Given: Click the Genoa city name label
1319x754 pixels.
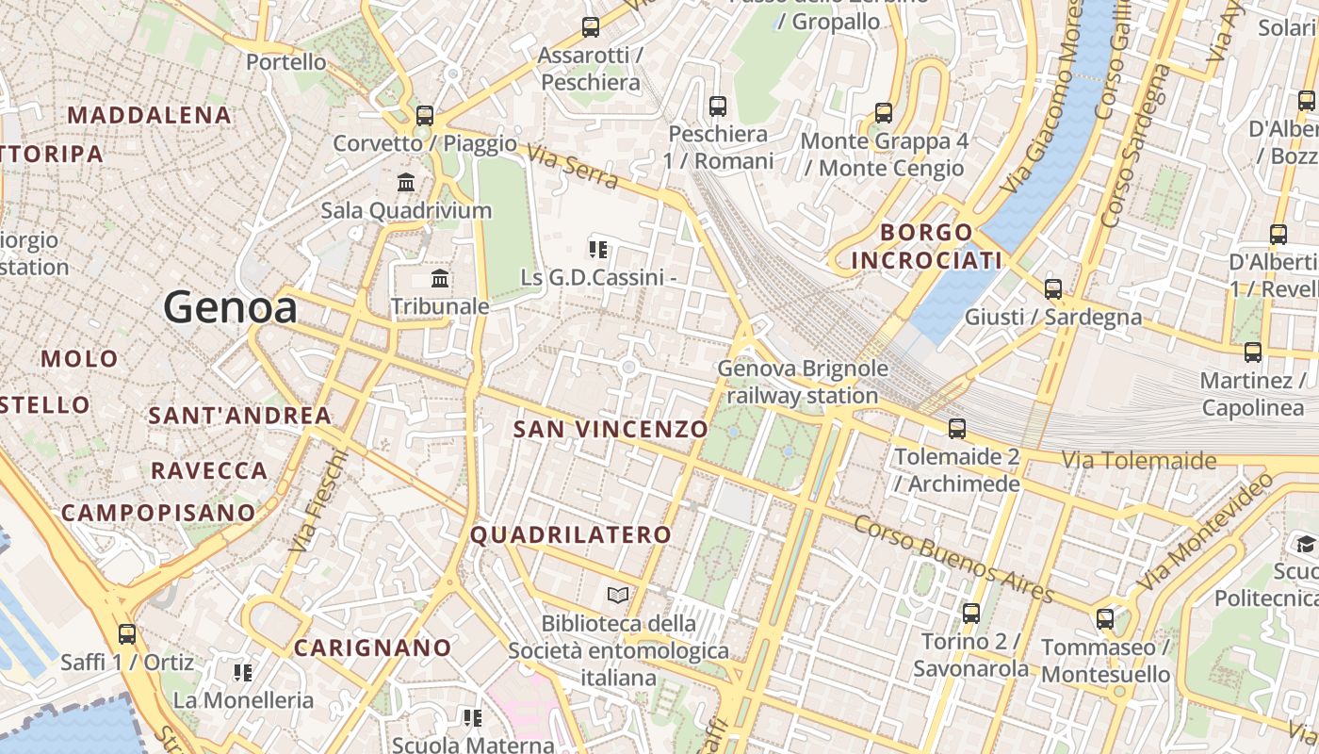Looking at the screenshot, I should click(231, 307).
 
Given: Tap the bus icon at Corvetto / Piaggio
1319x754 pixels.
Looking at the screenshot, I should click(425, 116).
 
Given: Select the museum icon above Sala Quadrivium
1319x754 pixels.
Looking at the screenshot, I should click(406, 182).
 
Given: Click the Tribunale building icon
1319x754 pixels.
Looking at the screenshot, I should click(440, 278).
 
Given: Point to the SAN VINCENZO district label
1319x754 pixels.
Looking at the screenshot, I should click(611, 430).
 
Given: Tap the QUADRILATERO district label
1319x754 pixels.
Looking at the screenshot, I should click(571, 535).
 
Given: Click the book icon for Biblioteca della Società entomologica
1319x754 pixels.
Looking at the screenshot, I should click(618, 596).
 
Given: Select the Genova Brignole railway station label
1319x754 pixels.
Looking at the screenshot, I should click(803, 382).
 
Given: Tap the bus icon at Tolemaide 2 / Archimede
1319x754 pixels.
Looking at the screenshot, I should click(957, 429).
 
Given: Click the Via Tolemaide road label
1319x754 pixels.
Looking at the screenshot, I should click(1139, 461).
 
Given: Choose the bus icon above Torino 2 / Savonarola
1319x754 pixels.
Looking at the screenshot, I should click(971, 614).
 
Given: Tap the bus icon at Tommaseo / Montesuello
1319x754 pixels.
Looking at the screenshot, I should click(1105, 619).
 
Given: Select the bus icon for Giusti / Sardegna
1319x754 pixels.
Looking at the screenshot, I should click(1053, 289).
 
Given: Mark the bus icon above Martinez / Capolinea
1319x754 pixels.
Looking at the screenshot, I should click(1253, 352).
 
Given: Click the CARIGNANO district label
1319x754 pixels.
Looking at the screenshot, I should click(373, 648).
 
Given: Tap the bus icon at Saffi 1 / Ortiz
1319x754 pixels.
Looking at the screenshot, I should click(127, 634).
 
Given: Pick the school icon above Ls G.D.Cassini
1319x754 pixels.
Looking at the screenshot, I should click(598, 249).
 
